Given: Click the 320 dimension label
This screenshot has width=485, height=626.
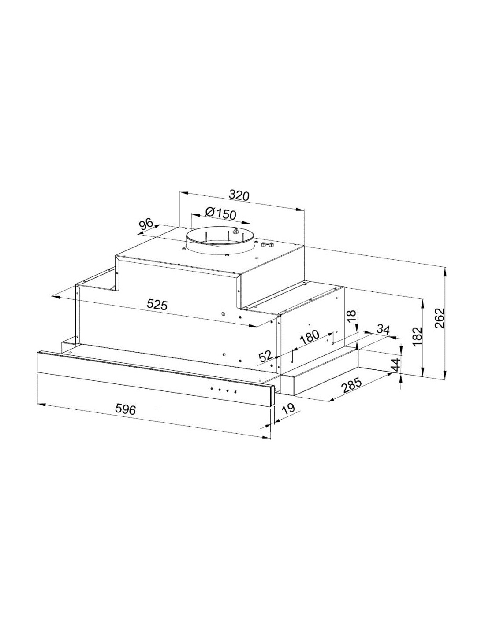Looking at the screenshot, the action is [239, 195].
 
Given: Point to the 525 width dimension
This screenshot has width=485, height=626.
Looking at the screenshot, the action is [157, 304].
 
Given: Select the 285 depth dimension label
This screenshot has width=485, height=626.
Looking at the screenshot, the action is [352, 386].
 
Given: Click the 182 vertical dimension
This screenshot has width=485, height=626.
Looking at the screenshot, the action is [418, 336].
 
